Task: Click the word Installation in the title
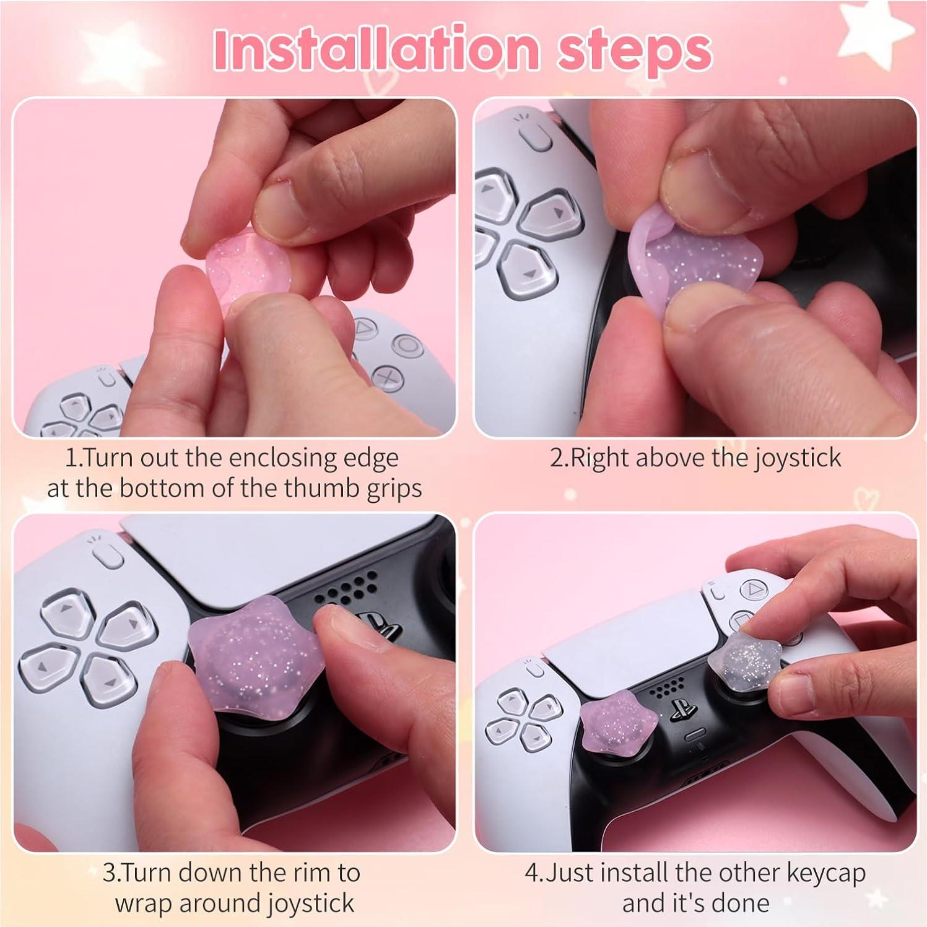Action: coord(375,50)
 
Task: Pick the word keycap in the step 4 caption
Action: coord(826,873)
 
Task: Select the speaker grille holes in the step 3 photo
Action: coord(347,588)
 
